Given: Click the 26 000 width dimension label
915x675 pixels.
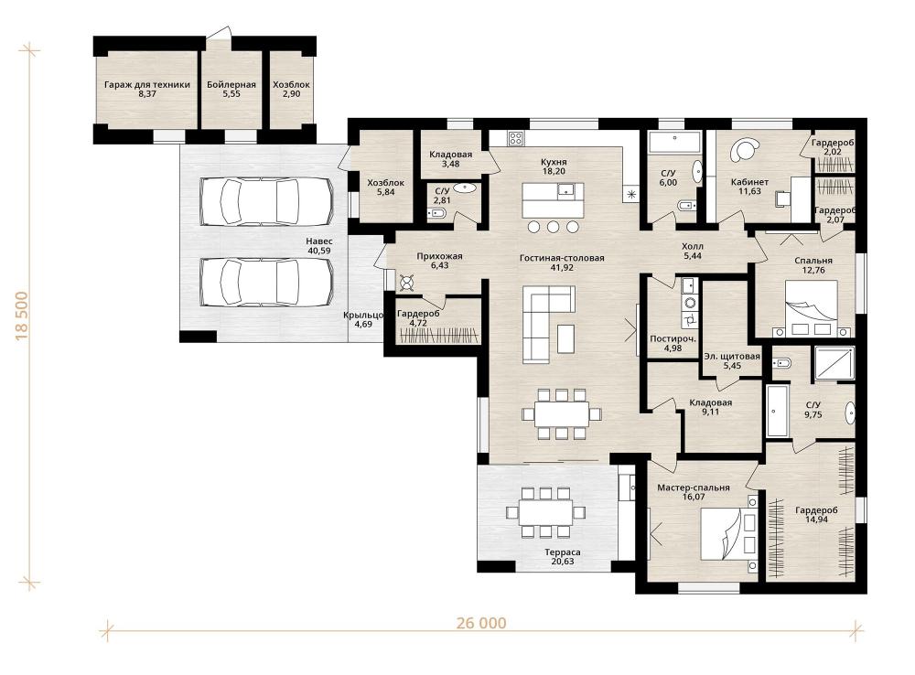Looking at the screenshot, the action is point(481,623).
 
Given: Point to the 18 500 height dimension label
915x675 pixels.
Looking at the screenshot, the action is point(22,316).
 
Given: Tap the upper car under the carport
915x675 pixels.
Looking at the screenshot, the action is point(266,200).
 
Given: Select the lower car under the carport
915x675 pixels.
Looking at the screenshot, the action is point(266,282).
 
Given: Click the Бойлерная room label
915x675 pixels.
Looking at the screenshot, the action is point(231,84).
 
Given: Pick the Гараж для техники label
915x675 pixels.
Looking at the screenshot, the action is point(147,84).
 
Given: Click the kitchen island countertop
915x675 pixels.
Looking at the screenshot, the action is point(553,200).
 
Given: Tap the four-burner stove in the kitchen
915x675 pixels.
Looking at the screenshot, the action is point(515,138).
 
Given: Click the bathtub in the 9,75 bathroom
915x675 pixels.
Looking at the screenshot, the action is point(777,411).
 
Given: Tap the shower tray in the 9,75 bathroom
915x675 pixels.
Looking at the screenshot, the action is point(834,363).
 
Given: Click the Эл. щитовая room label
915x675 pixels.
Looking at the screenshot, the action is point(732,357).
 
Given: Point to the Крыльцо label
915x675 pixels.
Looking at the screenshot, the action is point(363,315).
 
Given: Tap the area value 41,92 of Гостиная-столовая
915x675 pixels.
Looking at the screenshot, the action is point(562,268).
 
